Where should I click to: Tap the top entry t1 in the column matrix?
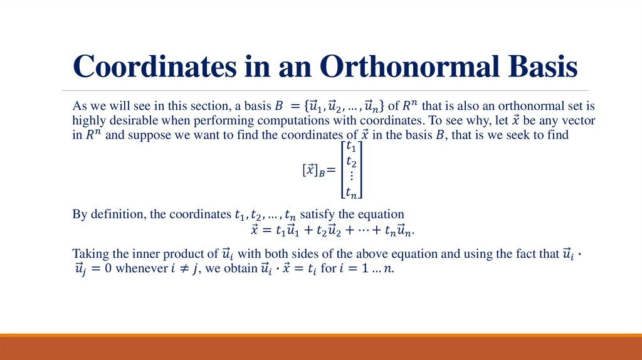coord(352,149)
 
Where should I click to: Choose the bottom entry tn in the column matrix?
coord(352,192)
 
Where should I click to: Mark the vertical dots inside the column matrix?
coord(351,177)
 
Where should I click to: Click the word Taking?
coord(90,254)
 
